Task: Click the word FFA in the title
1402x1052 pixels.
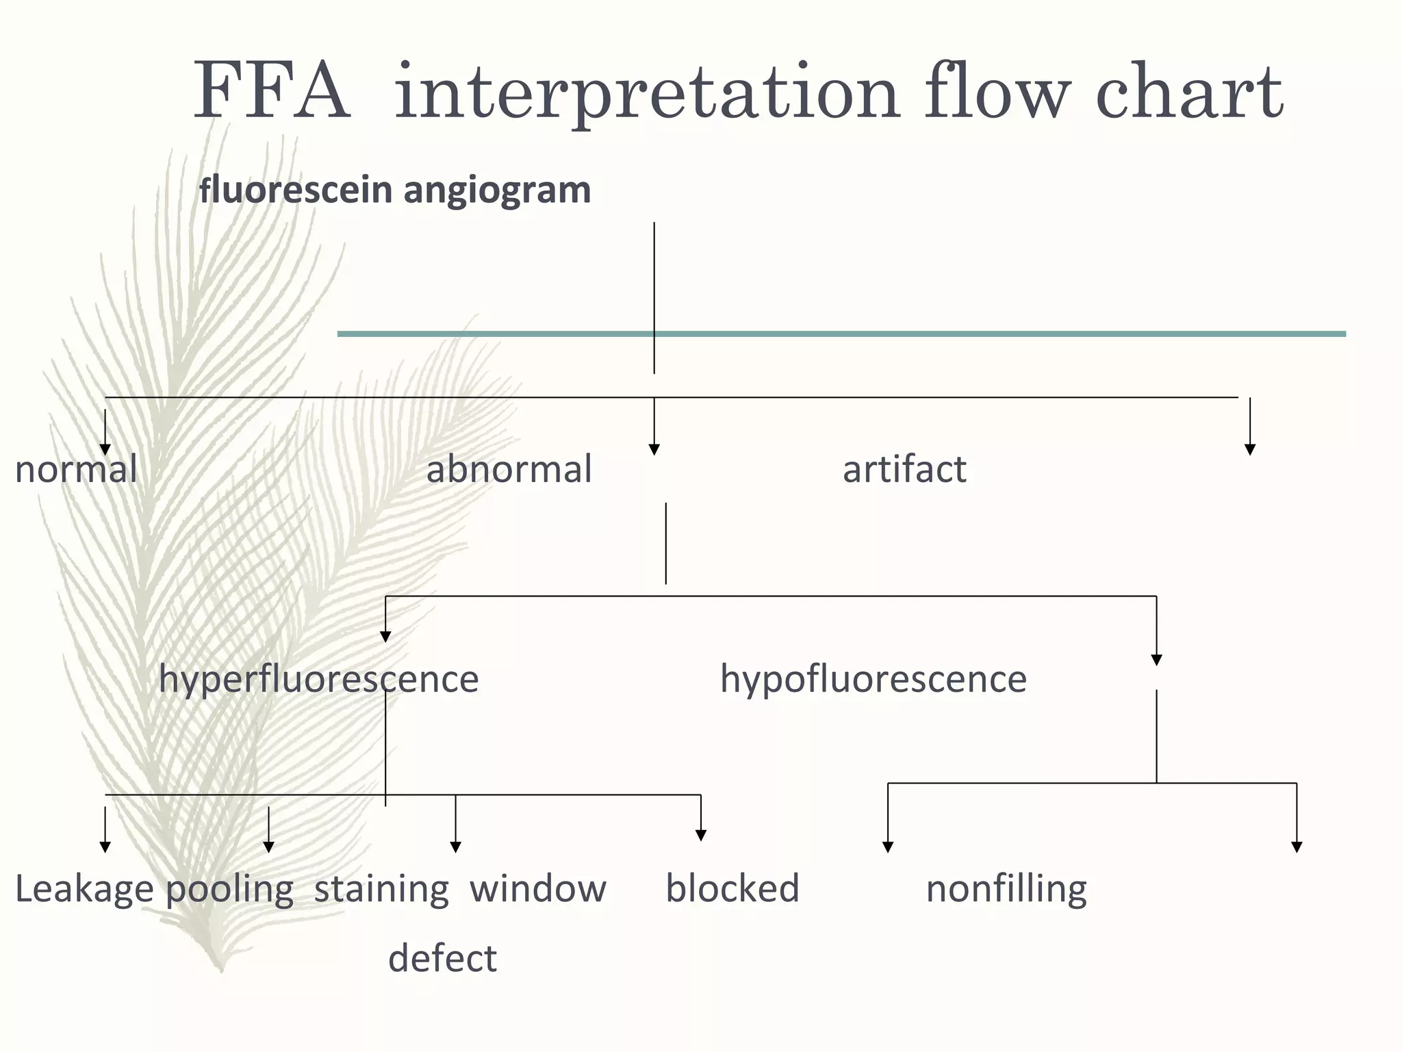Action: click(272, 92)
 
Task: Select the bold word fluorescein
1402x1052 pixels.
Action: click(296, 190)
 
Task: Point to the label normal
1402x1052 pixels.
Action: click(76, 470)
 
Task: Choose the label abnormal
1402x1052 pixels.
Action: click(509, 470)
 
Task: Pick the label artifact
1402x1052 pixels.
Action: click(904, 470)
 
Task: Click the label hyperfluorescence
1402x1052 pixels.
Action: click(318, 680)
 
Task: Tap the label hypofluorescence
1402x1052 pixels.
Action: click(873, 680)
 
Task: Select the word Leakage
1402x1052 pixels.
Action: click(85, 890)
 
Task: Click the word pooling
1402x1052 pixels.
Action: click(230, 890)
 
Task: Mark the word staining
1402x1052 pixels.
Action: click(381, 889)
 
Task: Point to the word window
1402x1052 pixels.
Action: click(538, 889)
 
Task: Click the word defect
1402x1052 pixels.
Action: click(442, 958)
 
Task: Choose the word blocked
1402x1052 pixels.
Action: click(732, 889)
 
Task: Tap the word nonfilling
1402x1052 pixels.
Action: click(1006, 890)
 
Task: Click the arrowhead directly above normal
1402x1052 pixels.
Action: click(105, 449)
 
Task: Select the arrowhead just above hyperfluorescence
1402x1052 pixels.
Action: click(385, 637)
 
